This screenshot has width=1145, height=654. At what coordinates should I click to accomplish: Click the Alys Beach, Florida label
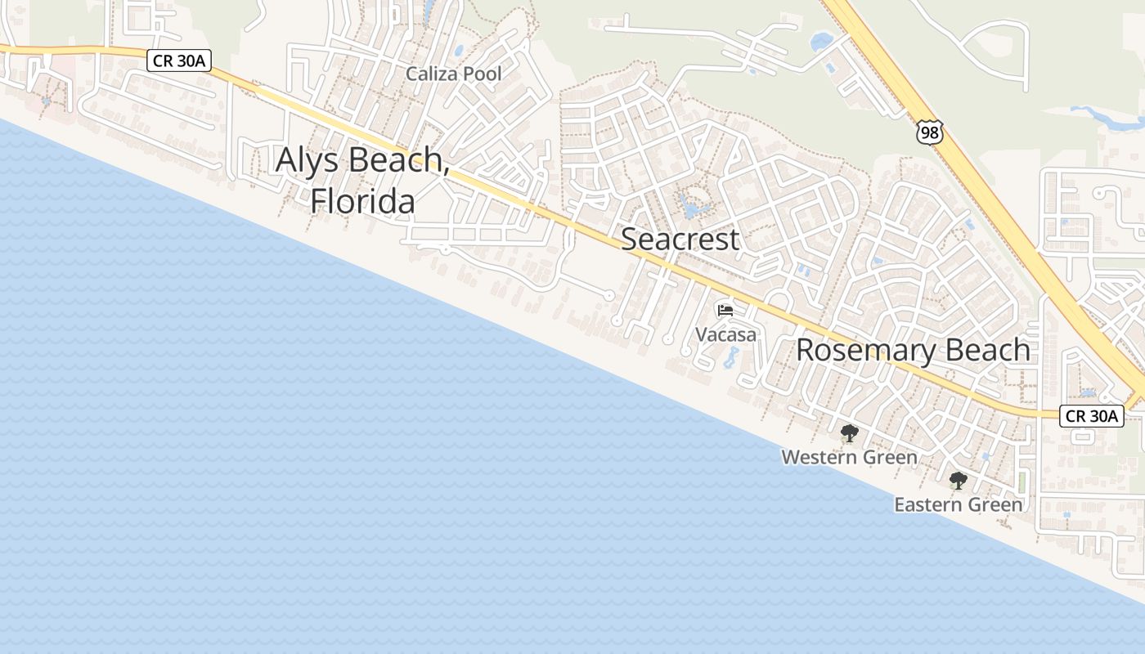click(x=362, y=180)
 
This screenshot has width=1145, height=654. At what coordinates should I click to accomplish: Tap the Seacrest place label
click(x=680, y=240)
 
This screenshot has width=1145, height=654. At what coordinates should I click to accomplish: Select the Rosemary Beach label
click(x=913, y=350)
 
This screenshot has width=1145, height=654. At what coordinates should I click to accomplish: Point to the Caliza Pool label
click(x=454, y=74)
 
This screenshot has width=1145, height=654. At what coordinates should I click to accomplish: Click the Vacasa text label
click(x=725, y=334)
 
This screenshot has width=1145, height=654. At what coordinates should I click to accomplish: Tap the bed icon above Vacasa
click(x=725, y=311)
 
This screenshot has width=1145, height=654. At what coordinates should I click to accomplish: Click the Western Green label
click(x=849, y=457)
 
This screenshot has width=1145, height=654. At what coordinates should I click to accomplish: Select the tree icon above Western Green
click(x=849, y=433)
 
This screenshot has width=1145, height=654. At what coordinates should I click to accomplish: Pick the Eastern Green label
click(x=958, y=504)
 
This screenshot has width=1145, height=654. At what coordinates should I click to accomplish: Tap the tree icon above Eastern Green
click(x=958, y=481)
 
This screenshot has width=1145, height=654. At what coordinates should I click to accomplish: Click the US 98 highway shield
click(x=929, y=132)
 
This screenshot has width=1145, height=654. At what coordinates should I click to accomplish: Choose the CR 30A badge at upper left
click(x=180, y=60)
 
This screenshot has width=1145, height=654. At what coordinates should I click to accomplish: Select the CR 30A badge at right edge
click(x=1091, y=415)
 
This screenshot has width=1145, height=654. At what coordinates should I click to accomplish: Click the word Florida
click(x=362, y=200)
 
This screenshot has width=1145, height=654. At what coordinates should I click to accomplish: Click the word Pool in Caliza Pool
click(x=482, y=74)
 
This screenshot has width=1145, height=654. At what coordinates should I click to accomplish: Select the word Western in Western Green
click(x=819, y=457)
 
